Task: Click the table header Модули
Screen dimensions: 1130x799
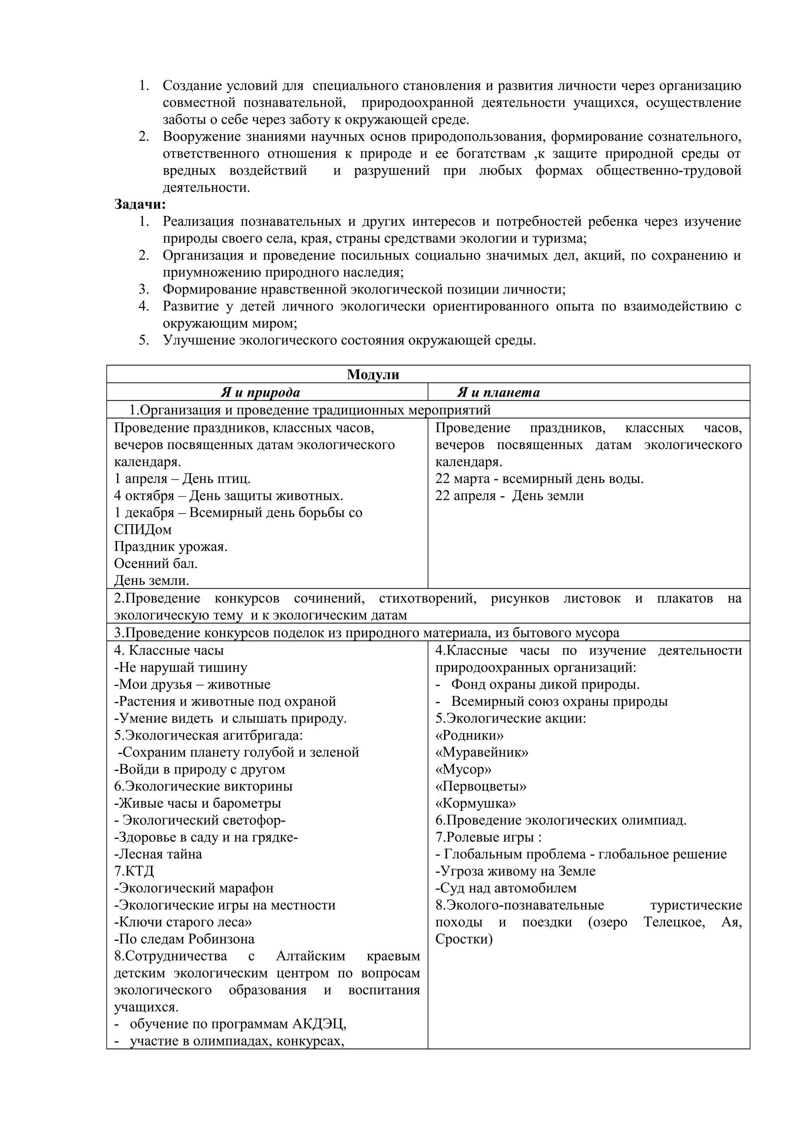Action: pyautogui.click(x=373, y=375)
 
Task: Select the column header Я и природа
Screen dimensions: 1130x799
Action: pyautogui.click(x=260, y=392)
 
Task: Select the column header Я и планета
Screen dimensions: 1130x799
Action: pyautogui.click(x=498, y=392)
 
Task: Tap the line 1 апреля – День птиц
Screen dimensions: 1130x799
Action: pyautogui.click(x=182, y=478)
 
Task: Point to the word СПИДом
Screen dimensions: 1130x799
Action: pyautogui.click(x=143, y=530)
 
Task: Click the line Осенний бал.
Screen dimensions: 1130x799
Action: pyautogui.click(x=156, y=563)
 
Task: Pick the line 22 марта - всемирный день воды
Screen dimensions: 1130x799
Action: pyautogui.click(x=539, y=478)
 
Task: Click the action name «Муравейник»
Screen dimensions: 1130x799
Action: pyautogui.click(x=481, y=752)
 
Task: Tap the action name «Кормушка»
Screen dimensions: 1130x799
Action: pyautogui.click(x=475, y=803)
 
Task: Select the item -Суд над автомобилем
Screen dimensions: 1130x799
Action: pyautogui.click(x=506, y=888)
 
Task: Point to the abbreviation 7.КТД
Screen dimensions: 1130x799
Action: pyautogui.click(x=134, y=871)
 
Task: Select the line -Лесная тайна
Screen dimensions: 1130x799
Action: pyautogui.click(x=158, y=854)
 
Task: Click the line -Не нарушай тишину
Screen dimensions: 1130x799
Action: pyautogui.click(x=181, y=668)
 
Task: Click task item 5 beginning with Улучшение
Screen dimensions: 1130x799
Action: pyautogui.click(x=349, y=340)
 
